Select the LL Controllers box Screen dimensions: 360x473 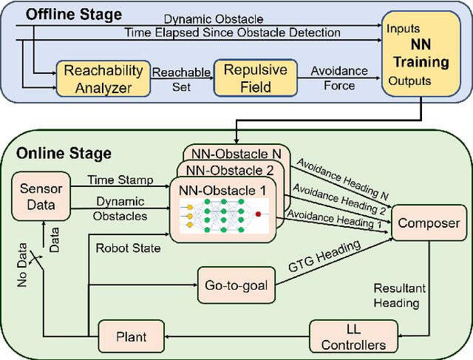347,336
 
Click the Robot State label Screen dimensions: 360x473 127,248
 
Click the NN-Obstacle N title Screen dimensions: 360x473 234,154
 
